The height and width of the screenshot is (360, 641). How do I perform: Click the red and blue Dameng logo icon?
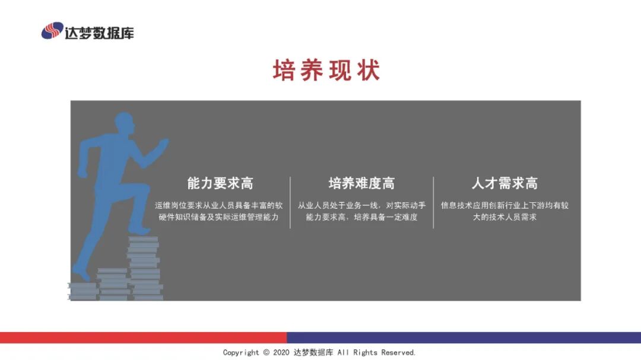pos(52,31)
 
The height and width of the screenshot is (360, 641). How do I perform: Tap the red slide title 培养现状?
pos(326,71)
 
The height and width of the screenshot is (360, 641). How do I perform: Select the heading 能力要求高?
pos(220,183)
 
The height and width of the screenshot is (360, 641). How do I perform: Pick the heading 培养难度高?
pos(361,183)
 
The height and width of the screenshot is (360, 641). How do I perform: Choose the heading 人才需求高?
pos(504,183)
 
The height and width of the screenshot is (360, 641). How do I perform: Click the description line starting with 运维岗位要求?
pos(219,205)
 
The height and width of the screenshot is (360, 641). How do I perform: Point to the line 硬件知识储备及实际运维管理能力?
pos(219,217)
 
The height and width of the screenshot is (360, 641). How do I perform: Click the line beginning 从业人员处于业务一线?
pos(361,205)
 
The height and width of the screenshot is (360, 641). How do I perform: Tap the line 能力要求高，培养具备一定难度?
pos(361,217)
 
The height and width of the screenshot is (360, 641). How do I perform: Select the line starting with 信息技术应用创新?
pos(504,205)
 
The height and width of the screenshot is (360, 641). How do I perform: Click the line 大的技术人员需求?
pos(504,217)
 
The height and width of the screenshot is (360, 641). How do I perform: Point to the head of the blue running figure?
pos(124,125)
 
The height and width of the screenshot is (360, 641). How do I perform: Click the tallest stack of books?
pos(144,267)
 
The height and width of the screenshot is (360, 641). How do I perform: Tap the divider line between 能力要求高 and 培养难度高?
pos(290,202)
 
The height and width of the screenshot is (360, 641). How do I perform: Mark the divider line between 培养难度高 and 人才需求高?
pos(433,202)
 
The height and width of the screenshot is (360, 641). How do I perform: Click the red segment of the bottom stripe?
pos(142,337)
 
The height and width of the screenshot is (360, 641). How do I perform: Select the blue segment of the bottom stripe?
pos(463,337)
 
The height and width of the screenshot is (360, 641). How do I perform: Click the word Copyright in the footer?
pos(241,352)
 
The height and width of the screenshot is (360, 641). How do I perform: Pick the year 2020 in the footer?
pos(280,352)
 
